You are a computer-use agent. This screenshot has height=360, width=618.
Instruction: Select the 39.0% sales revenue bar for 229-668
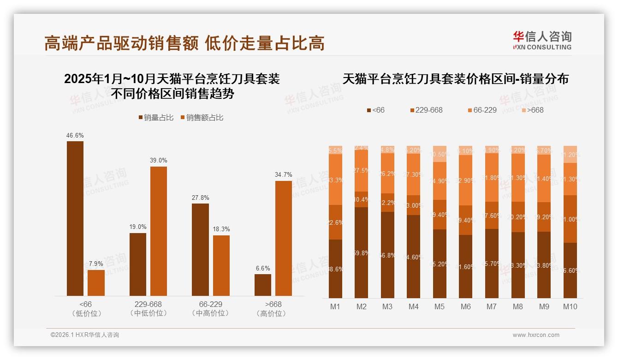[159, 231]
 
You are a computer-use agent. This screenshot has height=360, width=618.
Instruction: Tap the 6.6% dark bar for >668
[263, 285]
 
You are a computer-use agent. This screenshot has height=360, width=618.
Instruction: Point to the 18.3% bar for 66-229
[221, 265]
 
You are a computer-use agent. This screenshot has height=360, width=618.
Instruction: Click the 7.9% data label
[96, 264]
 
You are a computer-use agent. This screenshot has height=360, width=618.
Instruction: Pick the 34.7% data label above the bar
[284, 175]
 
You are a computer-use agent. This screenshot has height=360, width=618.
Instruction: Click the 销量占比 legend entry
[156, 118]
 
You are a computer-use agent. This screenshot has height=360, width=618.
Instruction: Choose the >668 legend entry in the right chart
[532, 110]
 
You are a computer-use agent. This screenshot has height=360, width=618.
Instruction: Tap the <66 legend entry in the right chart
[375, 110]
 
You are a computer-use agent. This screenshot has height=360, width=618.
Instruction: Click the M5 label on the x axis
[440, 306]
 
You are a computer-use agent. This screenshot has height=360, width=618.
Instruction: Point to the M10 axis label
[570, 306]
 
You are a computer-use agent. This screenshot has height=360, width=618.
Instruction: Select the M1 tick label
[335, 306]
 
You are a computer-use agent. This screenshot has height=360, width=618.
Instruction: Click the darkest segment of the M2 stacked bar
[362, 252]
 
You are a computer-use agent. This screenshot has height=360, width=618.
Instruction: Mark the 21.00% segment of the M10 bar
[570, 219]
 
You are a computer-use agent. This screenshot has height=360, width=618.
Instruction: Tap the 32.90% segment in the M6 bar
[466, 180]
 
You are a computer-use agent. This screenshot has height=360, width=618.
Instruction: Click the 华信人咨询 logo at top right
[542, 40]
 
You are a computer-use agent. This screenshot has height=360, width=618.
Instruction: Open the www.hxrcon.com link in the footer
[536, 335]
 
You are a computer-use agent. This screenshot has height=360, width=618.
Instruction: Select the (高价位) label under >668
[273, 313]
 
